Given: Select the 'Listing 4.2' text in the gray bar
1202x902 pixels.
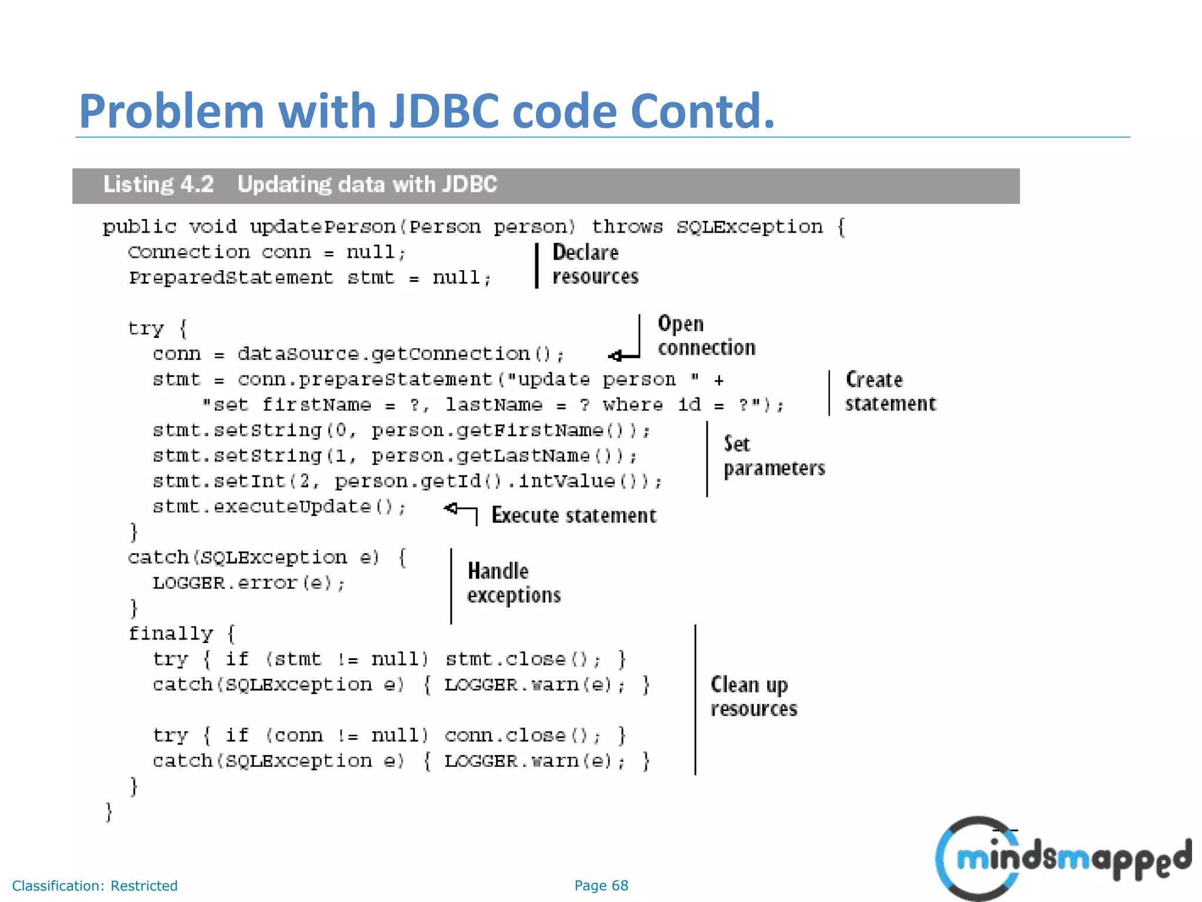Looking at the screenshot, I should (x=158, y=184).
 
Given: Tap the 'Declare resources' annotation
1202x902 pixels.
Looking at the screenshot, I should (x=595, y=264).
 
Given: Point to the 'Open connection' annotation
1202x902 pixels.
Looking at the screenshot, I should (x=705, y=335).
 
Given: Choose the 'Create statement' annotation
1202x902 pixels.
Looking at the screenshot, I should (x=890, y=392).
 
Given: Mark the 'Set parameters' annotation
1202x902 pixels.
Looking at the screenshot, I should (x=774, y=456).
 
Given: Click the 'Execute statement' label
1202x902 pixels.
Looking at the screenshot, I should (x=573, y=515).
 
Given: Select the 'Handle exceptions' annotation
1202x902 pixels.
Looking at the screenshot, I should (x=514, y=583).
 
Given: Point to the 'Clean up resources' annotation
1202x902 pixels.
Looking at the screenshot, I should (x=754, y=696).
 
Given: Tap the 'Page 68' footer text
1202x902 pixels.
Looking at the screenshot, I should (x=601, y=886).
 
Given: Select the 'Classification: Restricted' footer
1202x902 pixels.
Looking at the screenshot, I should (x=94, y=886).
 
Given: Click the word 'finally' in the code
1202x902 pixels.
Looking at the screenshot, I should (x=170, y=634).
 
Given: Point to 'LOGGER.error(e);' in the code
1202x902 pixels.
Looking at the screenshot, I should (x=249, y=583).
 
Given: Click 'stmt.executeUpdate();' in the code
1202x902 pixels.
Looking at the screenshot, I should (x=279, y=507).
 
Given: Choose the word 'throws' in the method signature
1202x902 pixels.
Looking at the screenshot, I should (x=627, y=227).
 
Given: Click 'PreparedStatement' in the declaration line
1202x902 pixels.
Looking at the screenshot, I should (x=231, y=277).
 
